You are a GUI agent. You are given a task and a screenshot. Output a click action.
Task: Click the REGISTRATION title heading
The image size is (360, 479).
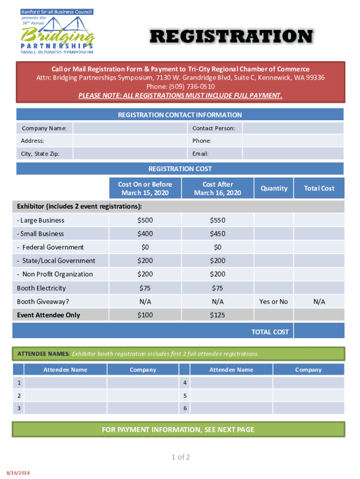click(x=231, y=36)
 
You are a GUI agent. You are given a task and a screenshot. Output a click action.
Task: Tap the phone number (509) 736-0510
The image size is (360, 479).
click(x=180, y=87)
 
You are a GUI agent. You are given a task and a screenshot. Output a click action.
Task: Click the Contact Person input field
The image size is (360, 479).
click(x=293, y=128)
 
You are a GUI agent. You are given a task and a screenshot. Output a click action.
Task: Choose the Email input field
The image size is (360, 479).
click(x=293, y=153)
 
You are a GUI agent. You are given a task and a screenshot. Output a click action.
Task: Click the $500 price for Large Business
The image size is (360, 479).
click(x=145, y=220)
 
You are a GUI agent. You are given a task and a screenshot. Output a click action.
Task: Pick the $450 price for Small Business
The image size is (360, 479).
click(x=217, y=234)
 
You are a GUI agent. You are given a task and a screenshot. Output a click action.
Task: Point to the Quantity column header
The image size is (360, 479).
click(x=274, y=188)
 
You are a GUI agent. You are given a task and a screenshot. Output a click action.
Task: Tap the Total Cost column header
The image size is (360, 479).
click(x=319, y=188)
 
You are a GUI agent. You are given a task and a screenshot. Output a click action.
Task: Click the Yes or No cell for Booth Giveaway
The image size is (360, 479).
click(x=274, y=302)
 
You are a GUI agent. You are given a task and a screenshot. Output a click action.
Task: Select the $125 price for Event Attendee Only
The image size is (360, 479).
click(x=217, y=315)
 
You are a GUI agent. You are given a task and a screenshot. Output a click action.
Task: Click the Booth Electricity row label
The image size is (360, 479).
click(x=41, y=288)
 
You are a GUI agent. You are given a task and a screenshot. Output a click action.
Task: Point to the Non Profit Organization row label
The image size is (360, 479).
click(x=55, y=275)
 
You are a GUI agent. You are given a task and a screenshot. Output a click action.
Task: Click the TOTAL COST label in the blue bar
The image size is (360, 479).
click(x=270, y=332)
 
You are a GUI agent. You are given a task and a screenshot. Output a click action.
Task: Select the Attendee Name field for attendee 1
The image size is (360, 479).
click(x=65, y=383)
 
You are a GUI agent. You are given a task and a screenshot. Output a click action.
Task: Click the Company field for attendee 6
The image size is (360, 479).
click(x=308, y=408)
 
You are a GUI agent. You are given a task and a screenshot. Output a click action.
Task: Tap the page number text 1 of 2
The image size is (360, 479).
click(x=180, y=457)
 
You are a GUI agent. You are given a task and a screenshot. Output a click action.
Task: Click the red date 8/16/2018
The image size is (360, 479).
click(x=18, y=473)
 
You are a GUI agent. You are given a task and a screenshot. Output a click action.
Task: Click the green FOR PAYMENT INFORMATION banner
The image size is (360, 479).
click(x=178, y=429)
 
